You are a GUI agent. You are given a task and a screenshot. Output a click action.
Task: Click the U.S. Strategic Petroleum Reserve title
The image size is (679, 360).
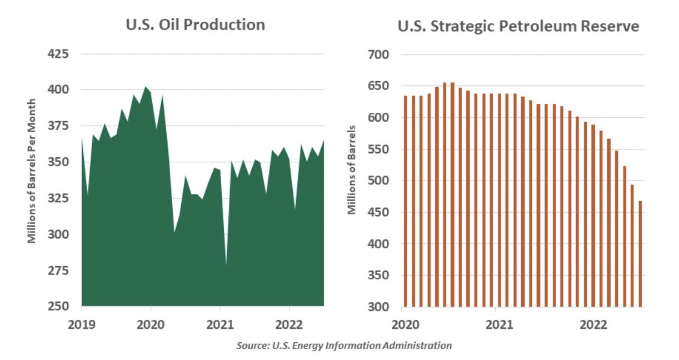point(518,26)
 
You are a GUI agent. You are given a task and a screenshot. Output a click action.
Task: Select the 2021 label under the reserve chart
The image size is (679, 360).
point(498,322)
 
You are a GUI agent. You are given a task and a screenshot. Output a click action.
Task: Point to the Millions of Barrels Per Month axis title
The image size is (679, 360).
point(32,171)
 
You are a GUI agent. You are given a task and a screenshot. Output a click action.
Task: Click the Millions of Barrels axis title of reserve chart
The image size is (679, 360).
point(352,174)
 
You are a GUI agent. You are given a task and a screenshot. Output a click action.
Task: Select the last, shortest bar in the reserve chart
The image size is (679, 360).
point(640,254)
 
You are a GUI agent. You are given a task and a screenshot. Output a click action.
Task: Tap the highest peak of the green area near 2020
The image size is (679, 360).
point(146,87)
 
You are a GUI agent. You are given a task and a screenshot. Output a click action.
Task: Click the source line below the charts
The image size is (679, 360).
point(344,346)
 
